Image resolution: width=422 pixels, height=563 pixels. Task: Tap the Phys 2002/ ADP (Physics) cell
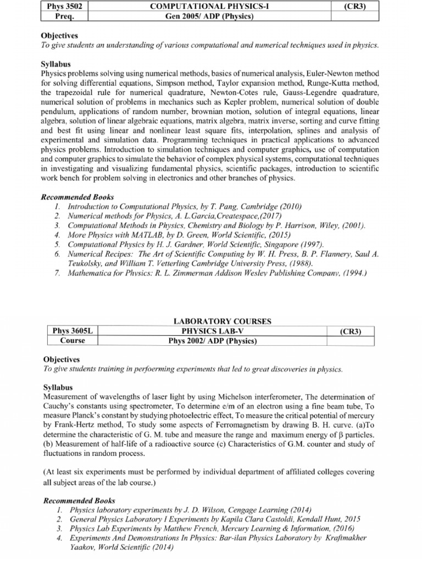pos(212,340)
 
